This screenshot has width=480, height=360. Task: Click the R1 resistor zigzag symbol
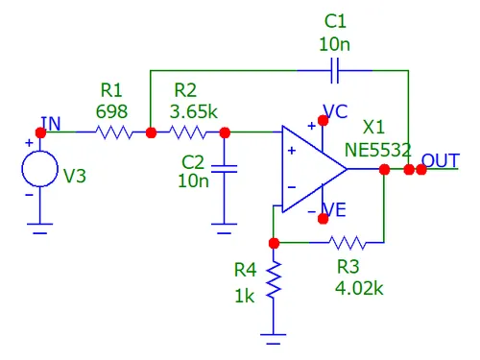[x=114, y=132]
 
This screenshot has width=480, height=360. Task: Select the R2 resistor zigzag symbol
[x=187, y=132]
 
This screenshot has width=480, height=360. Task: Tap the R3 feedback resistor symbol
[x=347, y=243]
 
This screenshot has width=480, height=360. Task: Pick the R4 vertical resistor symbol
[x=274, y=280]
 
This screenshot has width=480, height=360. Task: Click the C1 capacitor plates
[x=335, y=70]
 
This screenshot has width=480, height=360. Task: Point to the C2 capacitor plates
[x=225, y=169]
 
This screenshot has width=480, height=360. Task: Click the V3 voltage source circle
[x=40, y=169]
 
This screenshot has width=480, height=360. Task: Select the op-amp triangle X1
[x=314, y=169]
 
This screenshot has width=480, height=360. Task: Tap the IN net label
[x=51, y=124]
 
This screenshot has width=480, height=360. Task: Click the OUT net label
[x=441, y=160]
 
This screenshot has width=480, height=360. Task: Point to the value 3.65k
[x=194, y=111]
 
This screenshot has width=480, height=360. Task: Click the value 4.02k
[x=359, y=288]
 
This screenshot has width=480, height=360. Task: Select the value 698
[x=111, y=111]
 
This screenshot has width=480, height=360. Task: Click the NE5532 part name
[x=377, y=150]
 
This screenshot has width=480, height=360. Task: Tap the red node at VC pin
[x=323, y=120]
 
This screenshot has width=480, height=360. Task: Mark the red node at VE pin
[x=323, y=219]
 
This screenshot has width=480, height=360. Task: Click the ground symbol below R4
[x=274, y=339]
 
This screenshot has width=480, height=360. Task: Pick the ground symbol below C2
[x=225, y=228]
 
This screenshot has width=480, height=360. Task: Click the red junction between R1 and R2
[x=151, y=132]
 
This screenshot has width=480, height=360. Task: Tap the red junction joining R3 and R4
[x=274, y=243]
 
